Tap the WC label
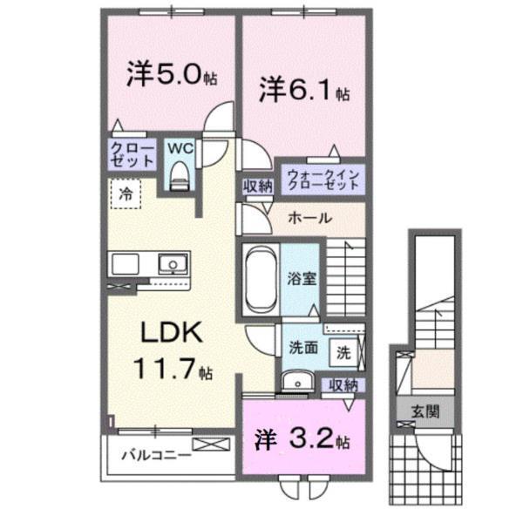tap(180, 147)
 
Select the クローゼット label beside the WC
tap(132, 155)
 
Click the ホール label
tap(309, 218)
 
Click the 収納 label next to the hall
tap(258, 184)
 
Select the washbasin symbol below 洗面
tap(297, 380)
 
